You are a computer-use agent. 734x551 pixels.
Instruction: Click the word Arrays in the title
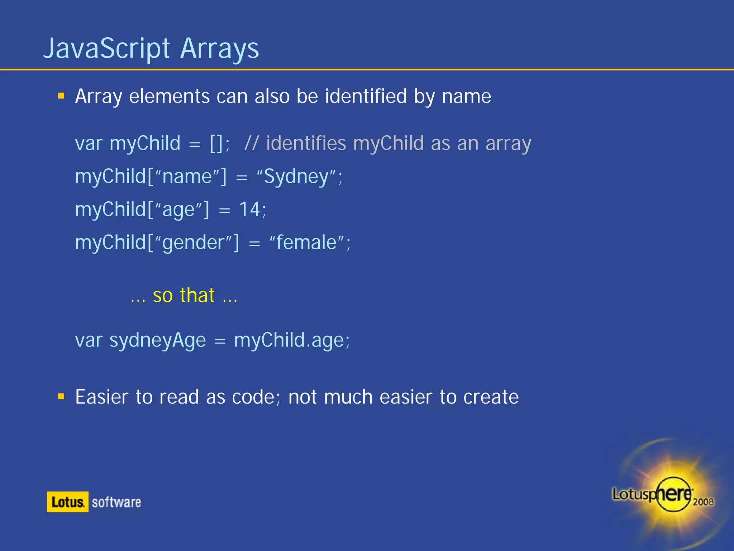coord(219,48)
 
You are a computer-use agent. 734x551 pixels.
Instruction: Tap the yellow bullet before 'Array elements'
coord(61,96)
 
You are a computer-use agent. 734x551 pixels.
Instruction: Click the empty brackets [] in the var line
coord(217,143)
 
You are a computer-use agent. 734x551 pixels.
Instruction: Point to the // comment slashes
coord(251,143)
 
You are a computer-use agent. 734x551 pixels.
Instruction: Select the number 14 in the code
coord(249,209)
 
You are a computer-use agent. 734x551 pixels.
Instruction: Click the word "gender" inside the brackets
coord(194,243)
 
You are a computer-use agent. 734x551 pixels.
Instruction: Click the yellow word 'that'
coord(197,296)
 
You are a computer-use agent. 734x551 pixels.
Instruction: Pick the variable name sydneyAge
coord(158,340)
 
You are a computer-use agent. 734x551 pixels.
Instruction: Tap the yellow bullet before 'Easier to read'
coord(61,396)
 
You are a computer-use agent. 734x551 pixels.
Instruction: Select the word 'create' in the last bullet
coord(491,397)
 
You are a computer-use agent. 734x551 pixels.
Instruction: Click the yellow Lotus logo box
coord(67,502)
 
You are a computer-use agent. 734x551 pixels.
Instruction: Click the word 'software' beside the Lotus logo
coord(116,502)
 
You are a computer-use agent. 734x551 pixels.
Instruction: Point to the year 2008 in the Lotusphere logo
coord(703,502)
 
